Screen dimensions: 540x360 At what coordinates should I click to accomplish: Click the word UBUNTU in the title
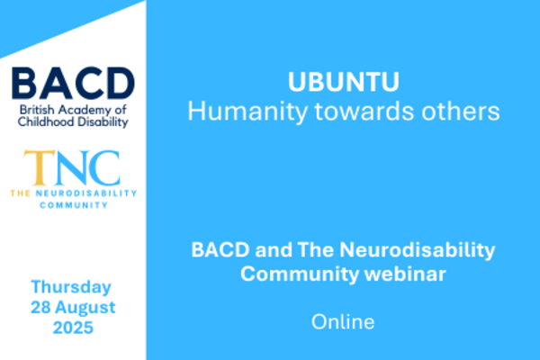pyautogui.click(x=344, y=82)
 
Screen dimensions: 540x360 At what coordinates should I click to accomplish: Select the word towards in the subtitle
pyautogui.click(x=364, y=112)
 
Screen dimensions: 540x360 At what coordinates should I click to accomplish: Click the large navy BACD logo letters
pyautogui.click(x=73, y=84)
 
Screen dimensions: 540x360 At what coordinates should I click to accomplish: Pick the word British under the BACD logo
pyautogui.click(x=37, y=110)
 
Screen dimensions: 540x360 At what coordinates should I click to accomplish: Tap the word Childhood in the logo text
pyautogui.click(x=46, y=121)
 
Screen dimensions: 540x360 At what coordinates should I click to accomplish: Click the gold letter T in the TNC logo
pyautogui.click(x=39, y=167)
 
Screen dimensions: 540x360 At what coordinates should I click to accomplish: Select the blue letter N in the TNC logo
pyautogui.click(x=72, y=167)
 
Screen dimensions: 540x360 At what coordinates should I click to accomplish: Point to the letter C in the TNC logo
pyautogui.click(x=104, y=167)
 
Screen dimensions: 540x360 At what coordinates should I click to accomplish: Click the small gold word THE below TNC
pyautogui.click(x=21, y=193)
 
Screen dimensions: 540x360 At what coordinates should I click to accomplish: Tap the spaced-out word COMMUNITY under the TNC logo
pyautogui.click(x=74, y=205)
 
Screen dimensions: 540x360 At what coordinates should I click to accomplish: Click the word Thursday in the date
pyautogui.click(x=71, y=287)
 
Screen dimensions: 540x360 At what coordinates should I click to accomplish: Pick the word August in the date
pyautogui.click(x=85, y=308)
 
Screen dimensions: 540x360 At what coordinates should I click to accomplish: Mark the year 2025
pyautogui.click(x=73, y=328)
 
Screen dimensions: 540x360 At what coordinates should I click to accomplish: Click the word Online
pyautogui.click(x=343, y=322)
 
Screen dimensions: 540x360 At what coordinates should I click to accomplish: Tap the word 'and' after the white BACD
pyautogui.click(x=274, y=250)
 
